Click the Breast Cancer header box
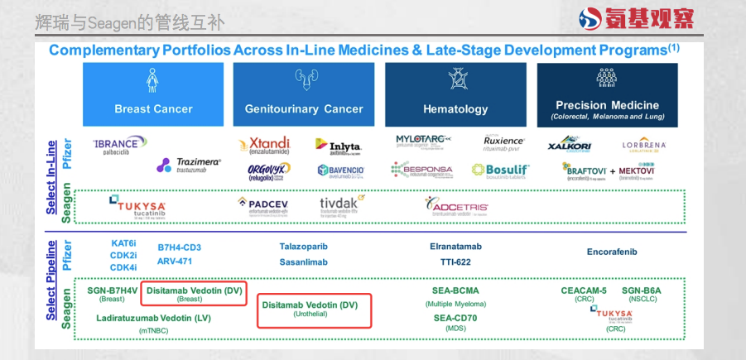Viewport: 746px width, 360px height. point(153,94)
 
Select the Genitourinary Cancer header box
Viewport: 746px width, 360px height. point(304,94)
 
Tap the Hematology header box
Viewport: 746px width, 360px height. point(455,94)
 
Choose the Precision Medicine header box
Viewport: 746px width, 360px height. point(607,94)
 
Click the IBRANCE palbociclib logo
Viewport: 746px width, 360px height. point(120,145)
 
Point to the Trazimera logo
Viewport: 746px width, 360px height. point(189,166)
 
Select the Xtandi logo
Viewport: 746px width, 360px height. point(264,146)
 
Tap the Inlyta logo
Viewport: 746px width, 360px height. point(339,146)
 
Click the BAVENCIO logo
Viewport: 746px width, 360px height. point(340,170)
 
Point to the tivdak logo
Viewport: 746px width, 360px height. point(342,204)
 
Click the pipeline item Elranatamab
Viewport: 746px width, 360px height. point(455,247)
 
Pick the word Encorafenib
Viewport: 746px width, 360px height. point(612,252)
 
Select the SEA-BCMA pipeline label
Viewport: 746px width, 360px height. point(455,290)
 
